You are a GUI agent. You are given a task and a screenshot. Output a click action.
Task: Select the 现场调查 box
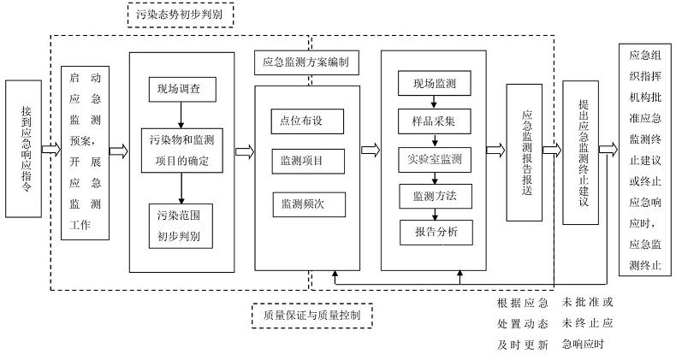(x=180, y=88)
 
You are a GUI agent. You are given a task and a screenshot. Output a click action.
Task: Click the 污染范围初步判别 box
(x=180, y=223)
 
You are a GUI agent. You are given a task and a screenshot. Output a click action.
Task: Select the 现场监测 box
(x=434, y=84)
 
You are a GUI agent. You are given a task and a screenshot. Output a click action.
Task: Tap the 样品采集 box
(x=434, y=121)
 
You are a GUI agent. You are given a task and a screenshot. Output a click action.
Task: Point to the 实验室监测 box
(x=434, y=159)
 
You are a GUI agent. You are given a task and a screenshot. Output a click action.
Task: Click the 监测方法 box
(x=434, y=196)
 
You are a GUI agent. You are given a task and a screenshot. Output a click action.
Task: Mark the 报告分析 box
(x=434, y=232)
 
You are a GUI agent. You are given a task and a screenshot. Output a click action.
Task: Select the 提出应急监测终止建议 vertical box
(x=582, y=152)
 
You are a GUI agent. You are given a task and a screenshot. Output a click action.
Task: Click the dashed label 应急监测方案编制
(x=306, y=62)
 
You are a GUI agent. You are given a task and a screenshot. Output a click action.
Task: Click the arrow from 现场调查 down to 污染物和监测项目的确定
(x=181, y=113)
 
